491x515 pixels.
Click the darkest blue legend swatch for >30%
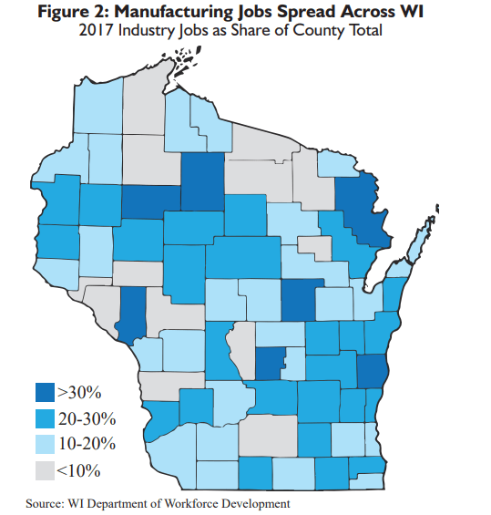click(x=44, y=393)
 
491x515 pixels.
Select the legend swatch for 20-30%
click(x=44, y=418)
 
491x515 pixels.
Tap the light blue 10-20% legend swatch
click(x=44, y=444)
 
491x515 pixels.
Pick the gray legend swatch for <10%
click(x=44, y=470)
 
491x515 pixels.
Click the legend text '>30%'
click(x=80, y=393)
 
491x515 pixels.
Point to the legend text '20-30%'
click(x=87, y=418)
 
